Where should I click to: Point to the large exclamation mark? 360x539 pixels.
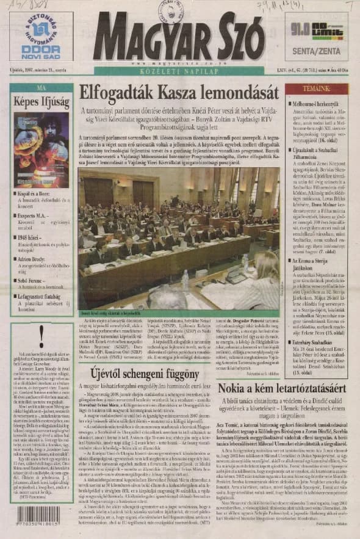click(41, 334)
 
